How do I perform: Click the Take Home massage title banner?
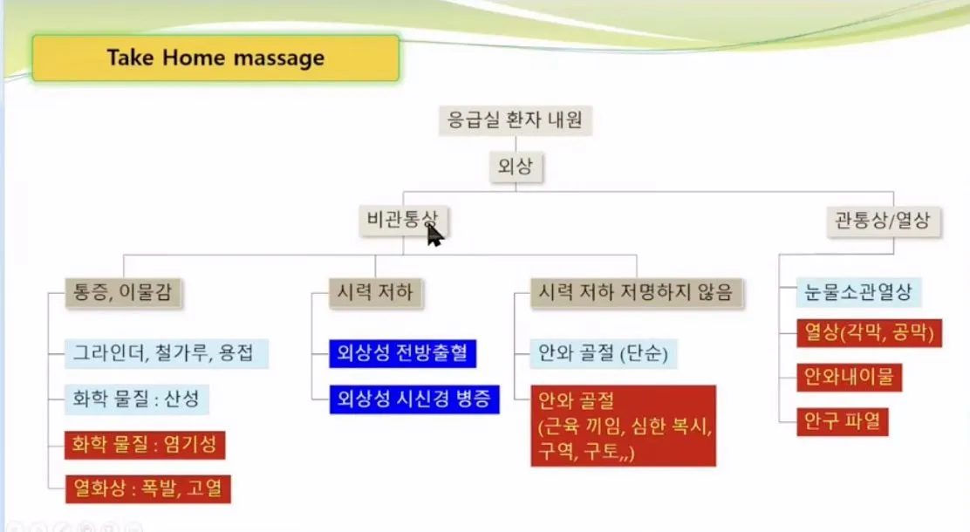tap(215, 58)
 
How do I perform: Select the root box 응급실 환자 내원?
tap(516, 119)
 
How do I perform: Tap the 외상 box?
tap(515, 167)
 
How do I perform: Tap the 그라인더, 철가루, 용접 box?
tap(167, 354)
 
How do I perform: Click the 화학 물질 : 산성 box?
tap(138, 399)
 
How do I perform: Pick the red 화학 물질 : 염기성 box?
tap(145, 445)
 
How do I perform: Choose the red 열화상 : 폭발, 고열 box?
tap(148, 488)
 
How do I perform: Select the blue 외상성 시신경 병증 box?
tap(414, 399)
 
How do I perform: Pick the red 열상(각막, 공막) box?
tap(869, 332)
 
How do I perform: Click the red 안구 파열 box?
tap(843, 423)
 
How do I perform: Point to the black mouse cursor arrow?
tap(434, 235)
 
